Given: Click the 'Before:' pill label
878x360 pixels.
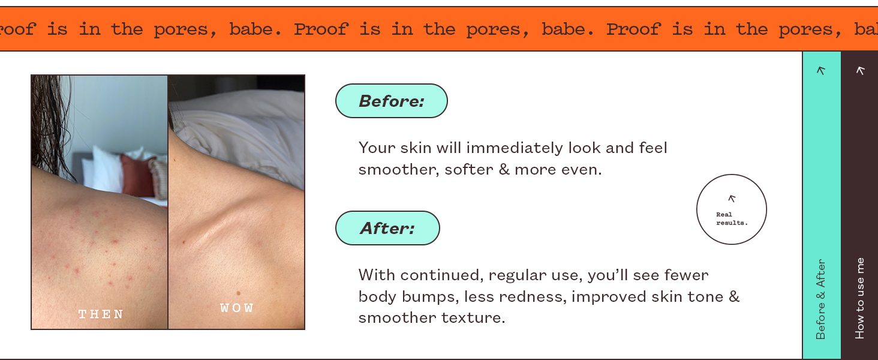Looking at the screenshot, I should point(391,101).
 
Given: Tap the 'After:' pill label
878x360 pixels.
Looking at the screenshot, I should point(387,228).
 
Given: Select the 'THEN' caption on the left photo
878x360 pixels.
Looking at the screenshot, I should point(101,314).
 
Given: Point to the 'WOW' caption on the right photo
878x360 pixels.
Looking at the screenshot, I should point(237,308).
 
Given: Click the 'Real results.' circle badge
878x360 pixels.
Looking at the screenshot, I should point(731,209).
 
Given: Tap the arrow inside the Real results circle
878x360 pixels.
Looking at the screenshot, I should point(732,199).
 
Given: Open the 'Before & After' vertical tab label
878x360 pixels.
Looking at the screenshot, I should point(821,299).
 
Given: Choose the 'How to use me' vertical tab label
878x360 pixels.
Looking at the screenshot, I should point(860,298).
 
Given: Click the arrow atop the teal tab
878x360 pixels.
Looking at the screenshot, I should point(821,70).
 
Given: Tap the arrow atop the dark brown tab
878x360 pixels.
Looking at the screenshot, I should point(860,70).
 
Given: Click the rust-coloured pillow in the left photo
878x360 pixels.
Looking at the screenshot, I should point(137,175).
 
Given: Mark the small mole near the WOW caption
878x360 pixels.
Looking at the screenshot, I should point(238,293).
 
